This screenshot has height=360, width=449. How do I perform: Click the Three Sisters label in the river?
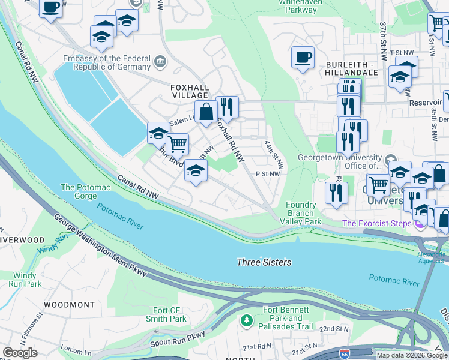click(264, 262)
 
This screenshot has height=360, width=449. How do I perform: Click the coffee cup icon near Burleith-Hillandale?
click(303, 58)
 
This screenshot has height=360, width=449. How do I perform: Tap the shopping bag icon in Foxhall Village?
click(206, 112)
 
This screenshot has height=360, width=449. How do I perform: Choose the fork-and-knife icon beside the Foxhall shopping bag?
click(227, 108)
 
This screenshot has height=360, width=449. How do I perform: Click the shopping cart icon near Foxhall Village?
click(176, 144)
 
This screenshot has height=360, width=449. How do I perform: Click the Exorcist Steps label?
click(376, 224)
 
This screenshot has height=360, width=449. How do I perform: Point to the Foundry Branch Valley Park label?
click(300, 213)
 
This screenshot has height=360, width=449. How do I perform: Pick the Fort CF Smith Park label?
click(170, 314)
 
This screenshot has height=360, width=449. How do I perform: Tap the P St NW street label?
click(268, 174)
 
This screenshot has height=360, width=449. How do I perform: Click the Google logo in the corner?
click(20, 353)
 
